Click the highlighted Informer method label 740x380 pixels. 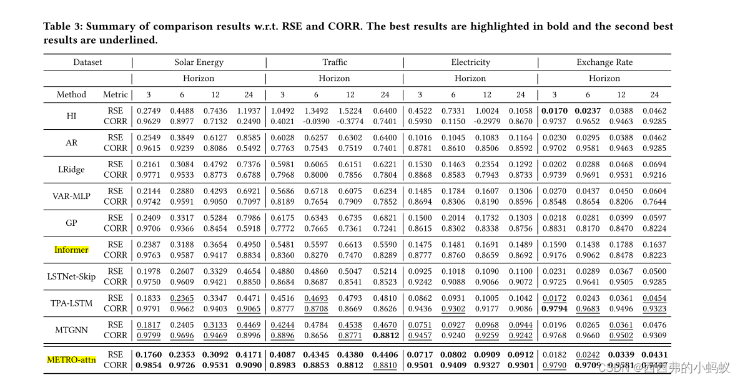pos(71,250)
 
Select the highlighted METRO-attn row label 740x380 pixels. pos(72,359)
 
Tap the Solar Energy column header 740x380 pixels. pos(199,62)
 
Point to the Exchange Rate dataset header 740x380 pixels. pos(604,62)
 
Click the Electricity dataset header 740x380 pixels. pos(470,62)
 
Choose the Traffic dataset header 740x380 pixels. pos(335,62)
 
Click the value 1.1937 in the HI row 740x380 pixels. pos(249,110)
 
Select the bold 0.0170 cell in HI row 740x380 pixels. pos(554,110)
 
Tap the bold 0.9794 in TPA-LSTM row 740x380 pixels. pos(554,308)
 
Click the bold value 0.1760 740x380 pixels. pos(148,354)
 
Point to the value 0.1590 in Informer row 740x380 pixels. pos(554,245)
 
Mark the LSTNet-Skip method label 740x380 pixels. pos(71,276)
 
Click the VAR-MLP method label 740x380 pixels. pos(71,196)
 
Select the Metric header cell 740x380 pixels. pos(115,95)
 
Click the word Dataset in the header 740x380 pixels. pos(87,62)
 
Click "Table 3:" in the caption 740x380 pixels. pos(62,26)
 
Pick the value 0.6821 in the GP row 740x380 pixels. pos(385,218)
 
